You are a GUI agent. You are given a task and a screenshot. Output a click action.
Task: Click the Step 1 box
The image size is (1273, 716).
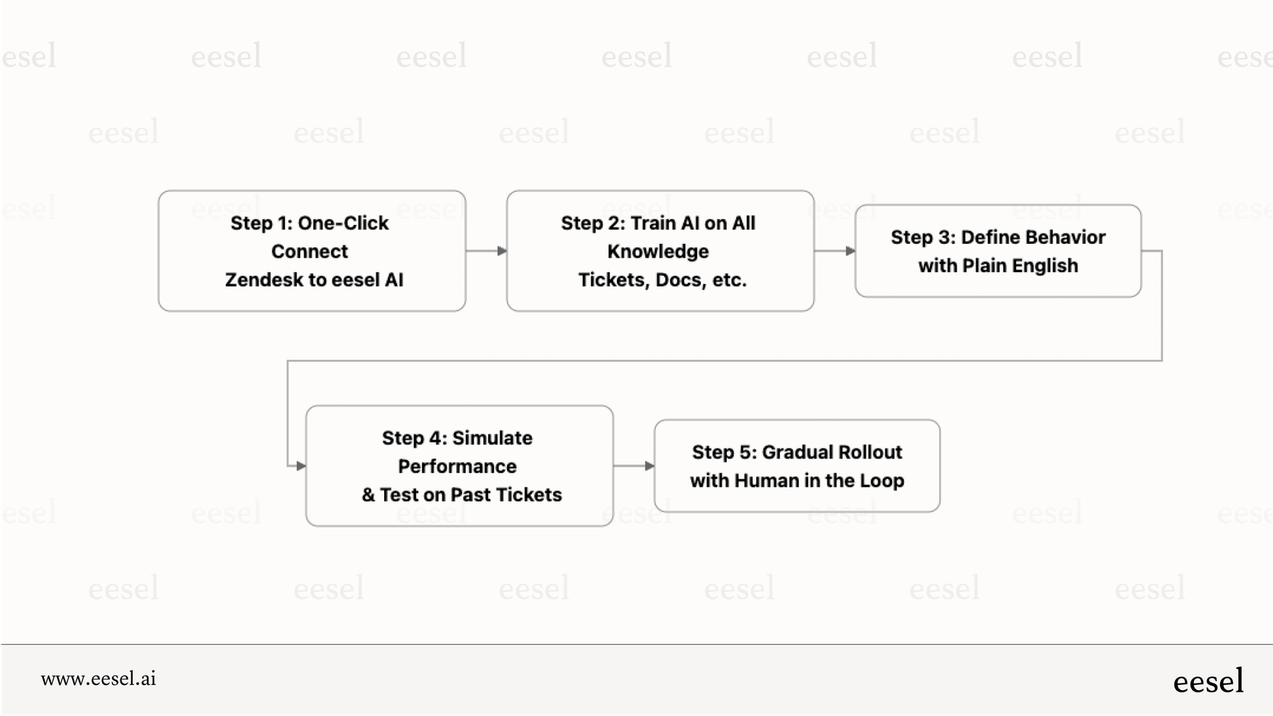311,251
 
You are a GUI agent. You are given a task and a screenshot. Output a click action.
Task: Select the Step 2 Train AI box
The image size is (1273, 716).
660,251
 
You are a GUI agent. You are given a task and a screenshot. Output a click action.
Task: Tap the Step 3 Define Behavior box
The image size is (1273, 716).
997,251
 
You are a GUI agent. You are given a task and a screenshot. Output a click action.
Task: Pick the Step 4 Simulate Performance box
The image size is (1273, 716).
459,466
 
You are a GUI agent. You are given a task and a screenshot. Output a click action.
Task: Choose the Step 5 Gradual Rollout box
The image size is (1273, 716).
796,466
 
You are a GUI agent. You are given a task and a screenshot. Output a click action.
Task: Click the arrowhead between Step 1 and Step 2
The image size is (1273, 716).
502,251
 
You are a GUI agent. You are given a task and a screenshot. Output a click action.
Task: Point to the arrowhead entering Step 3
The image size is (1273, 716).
850,251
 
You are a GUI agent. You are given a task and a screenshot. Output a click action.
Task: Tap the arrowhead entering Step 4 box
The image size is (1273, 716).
301,466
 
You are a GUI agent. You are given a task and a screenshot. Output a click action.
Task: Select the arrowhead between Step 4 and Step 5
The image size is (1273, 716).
649,466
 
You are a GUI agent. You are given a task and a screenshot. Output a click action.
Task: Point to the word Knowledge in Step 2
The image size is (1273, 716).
658,252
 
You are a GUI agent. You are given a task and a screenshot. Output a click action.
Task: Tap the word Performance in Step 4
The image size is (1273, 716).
457,467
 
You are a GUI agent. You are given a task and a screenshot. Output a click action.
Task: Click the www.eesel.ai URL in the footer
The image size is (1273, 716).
99,679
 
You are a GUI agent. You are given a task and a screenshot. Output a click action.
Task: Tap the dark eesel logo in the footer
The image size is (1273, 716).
1208,681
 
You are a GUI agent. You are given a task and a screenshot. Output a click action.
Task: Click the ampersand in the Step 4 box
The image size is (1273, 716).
368,496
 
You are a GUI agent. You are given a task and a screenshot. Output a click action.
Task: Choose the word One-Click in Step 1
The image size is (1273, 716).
342,224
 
